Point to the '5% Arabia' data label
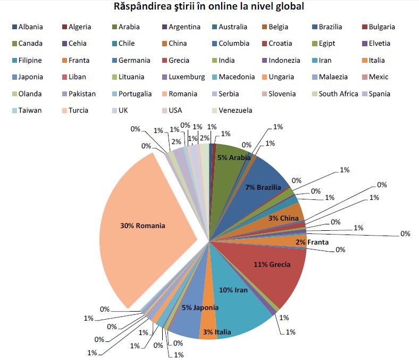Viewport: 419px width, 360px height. (233, 157)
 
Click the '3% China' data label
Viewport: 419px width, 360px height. (283, 218)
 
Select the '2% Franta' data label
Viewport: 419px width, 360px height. (312, 242)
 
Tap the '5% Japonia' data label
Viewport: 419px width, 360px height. (200, 307)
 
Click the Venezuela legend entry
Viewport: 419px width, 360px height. (231, 111)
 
